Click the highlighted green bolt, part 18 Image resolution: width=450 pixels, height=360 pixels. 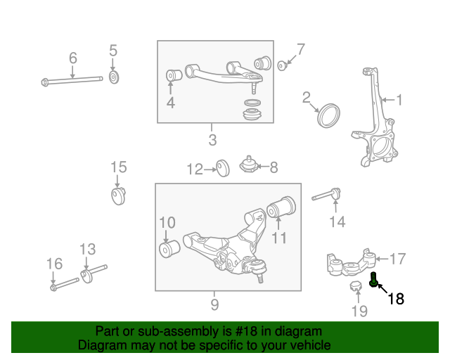pyautogui.click(x=374, y=281)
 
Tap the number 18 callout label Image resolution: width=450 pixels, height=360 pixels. pyautogui.click(x=396, y=298)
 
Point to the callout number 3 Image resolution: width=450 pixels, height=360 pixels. pyautogui.click(x=212, y=140)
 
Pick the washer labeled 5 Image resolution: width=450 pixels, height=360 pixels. pyautogui.click(x=114, y=77)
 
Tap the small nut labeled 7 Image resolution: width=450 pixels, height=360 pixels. pyautogui.click(x=282, y=65)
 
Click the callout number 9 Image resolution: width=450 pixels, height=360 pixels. pyautogui.click(x=214, y=304)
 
